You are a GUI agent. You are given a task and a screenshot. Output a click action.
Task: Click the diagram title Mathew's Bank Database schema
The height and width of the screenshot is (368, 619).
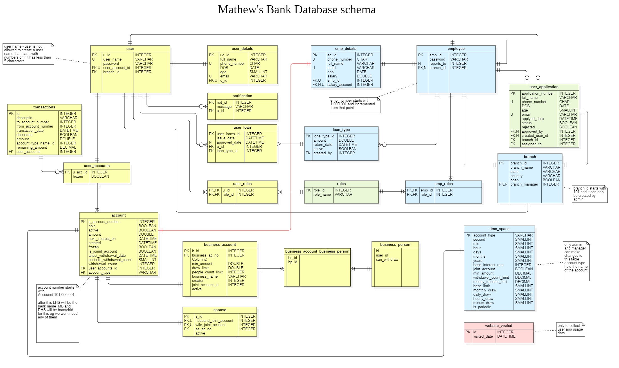(x=297, y=10)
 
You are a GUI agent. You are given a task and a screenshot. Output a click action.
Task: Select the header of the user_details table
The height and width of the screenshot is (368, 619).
(x=242, y=49)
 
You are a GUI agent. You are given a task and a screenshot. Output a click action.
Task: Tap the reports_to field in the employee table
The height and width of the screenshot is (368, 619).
(x=437, y=64)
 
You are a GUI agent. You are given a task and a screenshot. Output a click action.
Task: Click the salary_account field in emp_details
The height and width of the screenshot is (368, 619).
(x=339, y=85)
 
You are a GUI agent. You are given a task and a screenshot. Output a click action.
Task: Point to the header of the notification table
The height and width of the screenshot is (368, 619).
(x=242, y=96)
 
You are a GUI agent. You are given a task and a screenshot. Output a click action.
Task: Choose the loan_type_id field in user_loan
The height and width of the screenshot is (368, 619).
(x=227, y=151)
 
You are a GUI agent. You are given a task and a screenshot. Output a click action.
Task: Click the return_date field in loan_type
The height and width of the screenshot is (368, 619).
(x=323, y=145)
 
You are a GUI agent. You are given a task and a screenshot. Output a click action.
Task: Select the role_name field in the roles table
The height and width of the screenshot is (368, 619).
(x=322, y=195)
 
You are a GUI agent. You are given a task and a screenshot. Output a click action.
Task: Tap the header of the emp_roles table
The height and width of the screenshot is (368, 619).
(x=443, y=184)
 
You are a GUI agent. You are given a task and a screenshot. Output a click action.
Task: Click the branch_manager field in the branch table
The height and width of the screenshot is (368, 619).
(x=524, y=184)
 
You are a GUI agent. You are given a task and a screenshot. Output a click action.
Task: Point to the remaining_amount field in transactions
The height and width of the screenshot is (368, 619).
(x=31, y=148)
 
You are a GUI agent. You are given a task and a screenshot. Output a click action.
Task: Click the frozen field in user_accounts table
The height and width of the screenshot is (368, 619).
(x=78, y=177)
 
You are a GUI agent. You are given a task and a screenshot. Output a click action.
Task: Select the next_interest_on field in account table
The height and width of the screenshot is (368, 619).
(x=102, y=239)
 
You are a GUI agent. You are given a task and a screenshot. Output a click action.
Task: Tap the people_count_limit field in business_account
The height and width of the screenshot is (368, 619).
(x=207, y=272)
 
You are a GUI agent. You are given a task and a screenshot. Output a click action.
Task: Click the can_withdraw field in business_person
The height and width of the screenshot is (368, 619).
(x=387, y=260)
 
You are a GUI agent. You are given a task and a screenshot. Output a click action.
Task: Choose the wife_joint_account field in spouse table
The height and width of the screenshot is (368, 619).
(x=210, y=325)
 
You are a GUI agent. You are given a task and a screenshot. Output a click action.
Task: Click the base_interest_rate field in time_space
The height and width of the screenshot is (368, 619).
(x=488, y=265)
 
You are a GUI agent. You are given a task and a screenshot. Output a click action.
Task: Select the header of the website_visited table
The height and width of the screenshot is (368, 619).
(x=498, y=326)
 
